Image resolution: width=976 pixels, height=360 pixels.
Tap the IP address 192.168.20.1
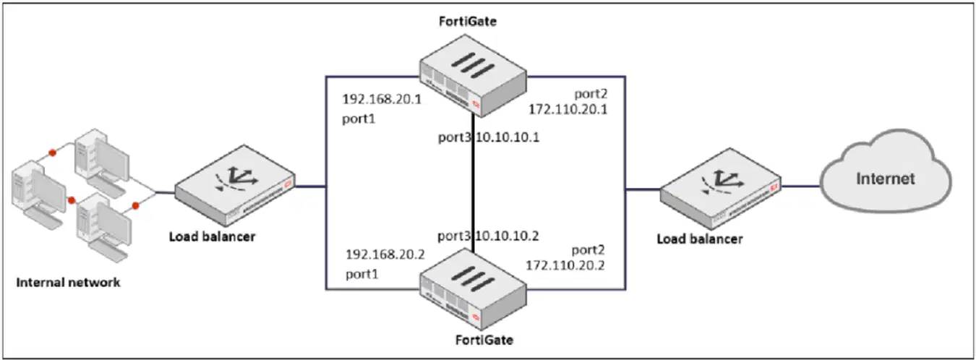(x=382, y=99)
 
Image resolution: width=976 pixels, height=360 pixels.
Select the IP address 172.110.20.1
(x=568, y=109)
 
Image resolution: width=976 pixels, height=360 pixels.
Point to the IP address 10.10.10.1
(x=508, y=138)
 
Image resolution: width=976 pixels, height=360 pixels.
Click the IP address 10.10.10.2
(x=508, y=236)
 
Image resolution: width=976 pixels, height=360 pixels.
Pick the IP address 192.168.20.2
(x=385, y=254)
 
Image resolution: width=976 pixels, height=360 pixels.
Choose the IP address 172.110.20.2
(x=565, y=265)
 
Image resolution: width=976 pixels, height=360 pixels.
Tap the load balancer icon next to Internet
(x=721, y=189)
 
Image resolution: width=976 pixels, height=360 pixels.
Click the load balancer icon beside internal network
(x=235, y=185)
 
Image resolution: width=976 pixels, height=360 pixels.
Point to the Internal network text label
(x=68, y=283)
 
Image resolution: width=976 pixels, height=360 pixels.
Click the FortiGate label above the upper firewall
(x=468, y=22)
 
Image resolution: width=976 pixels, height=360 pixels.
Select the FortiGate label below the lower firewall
(x=484, y=340)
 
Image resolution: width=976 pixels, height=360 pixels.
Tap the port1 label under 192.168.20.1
(x=359, y=119)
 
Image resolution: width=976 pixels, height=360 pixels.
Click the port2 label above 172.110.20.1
(x=591, y=94)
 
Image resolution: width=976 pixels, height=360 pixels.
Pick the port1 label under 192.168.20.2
(x=362, y=274)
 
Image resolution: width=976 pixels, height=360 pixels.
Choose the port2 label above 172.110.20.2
(x=588, y=250)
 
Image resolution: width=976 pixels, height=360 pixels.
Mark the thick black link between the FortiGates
(x=474, y=183)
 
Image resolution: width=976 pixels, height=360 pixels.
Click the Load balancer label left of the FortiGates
(x=213, y=236)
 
